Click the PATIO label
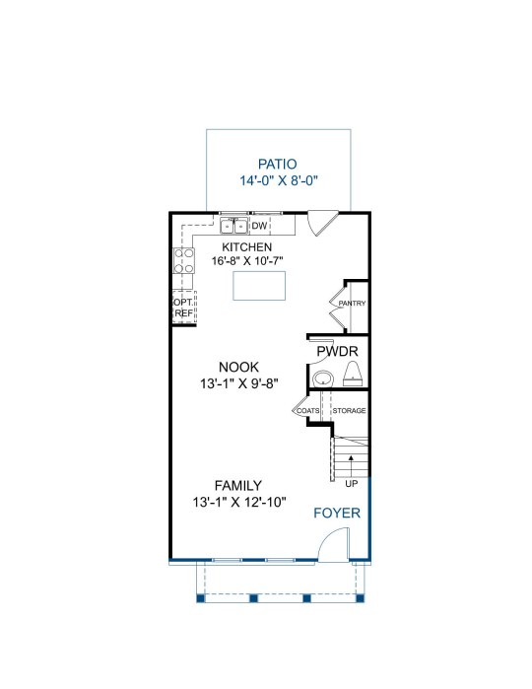[x=277, y=164]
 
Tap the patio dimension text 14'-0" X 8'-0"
[x=279, y=180]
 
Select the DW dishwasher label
[x=259, y=226]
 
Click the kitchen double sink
[x=233, y=226]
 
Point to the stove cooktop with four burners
[x=184, y=260]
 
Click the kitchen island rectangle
[x=259, y=286]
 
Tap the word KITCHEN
[x=247, y=247]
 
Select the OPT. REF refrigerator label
[x=183, y=308]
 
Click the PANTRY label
[x=352, y=304]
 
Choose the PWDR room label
[x=337, y=352]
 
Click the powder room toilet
[x=353, y=374]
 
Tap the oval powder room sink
[x=323, y=378]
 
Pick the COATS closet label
[x=308, y=410]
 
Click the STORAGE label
[x=350, y=410]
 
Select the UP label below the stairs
[x=352, y=484]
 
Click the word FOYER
[x=337, y=513]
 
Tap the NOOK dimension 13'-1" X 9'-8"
[x=239, y=383]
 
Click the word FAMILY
[x=238, y=486]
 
